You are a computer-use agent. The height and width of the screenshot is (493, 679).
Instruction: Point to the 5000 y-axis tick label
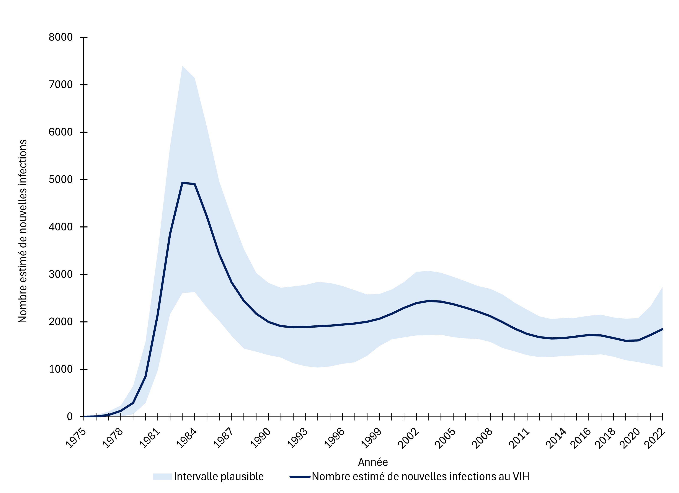(x=60, y=180)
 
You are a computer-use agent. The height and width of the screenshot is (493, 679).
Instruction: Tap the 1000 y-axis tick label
(x=60, y=369)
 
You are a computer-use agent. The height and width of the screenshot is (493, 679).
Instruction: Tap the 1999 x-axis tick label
(x=371, y=439)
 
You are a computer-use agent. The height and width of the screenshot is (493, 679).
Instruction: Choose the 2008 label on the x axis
(x=482, y=439)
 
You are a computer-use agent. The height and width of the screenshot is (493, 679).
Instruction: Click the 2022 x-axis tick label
(x=655, y=439)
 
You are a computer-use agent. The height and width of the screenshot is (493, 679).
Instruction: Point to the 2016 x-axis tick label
(x=581, y=439)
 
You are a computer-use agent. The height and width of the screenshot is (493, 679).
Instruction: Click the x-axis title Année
(x=373, y=462)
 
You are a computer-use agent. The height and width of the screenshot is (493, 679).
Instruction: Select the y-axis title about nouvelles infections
(x=23, y=231)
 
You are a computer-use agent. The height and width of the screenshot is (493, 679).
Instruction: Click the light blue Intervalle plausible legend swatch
(x=162, y=477)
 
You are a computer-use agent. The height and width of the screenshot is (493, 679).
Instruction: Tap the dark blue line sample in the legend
(x=300, y=477)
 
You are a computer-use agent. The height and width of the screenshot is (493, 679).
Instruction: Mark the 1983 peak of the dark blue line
(x=182, y=183)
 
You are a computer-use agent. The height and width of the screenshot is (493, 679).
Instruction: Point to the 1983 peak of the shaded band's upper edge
(x=182, y=66)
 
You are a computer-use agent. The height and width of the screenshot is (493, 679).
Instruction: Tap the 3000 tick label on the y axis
(x=60, y=274)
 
